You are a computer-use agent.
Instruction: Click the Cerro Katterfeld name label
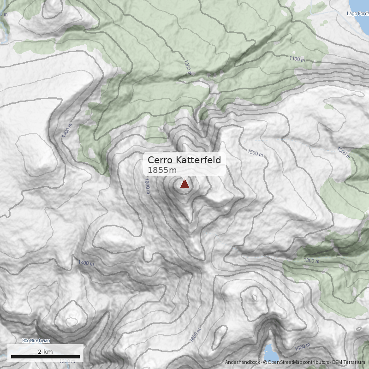coord(184,160)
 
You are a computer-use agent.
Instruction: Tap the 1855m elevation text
coord(162,170)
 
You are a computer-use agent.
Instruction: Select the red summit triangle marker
coord(184,184)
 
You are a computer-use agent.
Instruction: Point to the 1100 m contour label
coord(298,59)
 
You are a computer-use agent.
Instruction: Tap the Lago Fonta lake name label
coord(357,13)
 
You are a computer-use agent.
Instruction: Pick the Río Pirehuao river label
coord(36,341)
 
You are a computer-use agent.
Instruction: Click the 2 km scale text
coord(45,351)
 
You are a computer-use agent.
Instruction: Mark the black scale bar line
coord(45,357)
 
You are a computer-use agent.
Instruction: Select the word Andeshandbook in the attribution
coord(243,362)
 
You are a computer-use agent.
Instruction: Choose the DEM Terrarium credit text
coord(349,362)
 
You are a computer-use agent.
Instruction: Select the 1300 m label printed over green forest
coord(312,261)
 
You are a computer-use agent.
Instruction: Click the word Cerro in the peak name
coord(160,160)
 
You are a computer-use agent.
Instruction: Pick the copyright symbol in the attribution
coord(265,362)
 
